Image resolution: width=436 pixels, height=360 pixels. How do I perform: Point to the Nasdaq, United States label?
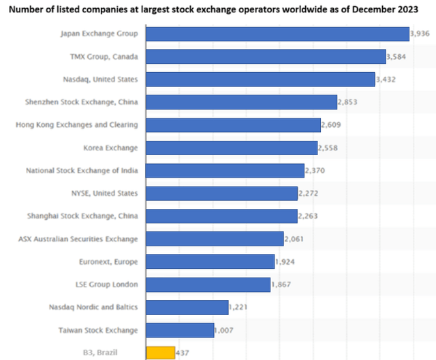(x=101, y=79)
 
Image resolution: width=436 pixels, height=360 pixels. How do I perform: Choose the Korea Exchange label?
(x=110, y=148)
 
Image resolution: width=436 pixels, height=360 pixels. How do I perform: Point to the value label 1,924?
(x=285, y=262)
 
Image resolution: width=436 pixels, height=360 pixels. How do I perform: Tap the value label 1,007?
(x=226, y=330)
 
